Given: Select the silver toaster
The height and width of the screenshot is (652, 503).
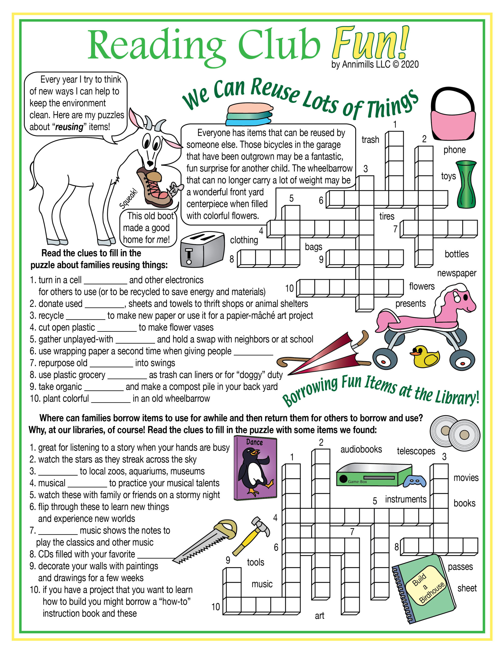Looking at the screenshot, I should click(x=202, y=249).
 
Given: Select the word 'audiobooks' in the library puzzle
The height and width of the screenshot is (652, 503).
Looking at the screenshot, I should click(x=361, y=449).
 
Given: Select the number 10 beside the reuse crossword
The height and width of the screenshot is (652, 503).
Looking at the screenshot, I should click(x=289, y=288).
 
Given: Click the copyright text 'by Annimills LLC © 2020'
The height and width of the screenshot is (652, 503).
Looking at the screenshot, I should click(x=375, y=64).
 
